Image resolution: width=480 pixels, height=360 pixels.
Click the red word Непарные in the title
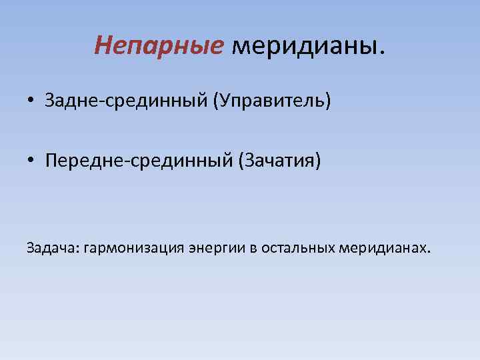click(159, 45)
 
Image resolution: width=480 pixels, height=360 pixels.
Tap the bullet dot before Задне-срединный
click(32, 102)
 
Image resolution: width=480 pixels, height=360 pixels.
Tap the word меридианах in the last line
click(383, 249)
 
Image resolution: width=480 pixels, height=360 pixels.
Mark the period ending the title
click(382, 52)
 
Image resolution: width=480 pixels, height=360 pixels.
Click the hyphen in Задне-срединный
click(89, 103)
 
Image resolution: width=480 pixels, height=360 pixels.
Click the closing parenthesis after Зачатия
click(318, 161)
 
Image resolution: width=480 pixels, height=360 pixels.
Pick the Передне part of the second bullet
click(77, 161)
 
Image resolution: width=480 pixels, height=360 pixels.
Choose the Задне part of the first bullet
click(65, 101)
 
